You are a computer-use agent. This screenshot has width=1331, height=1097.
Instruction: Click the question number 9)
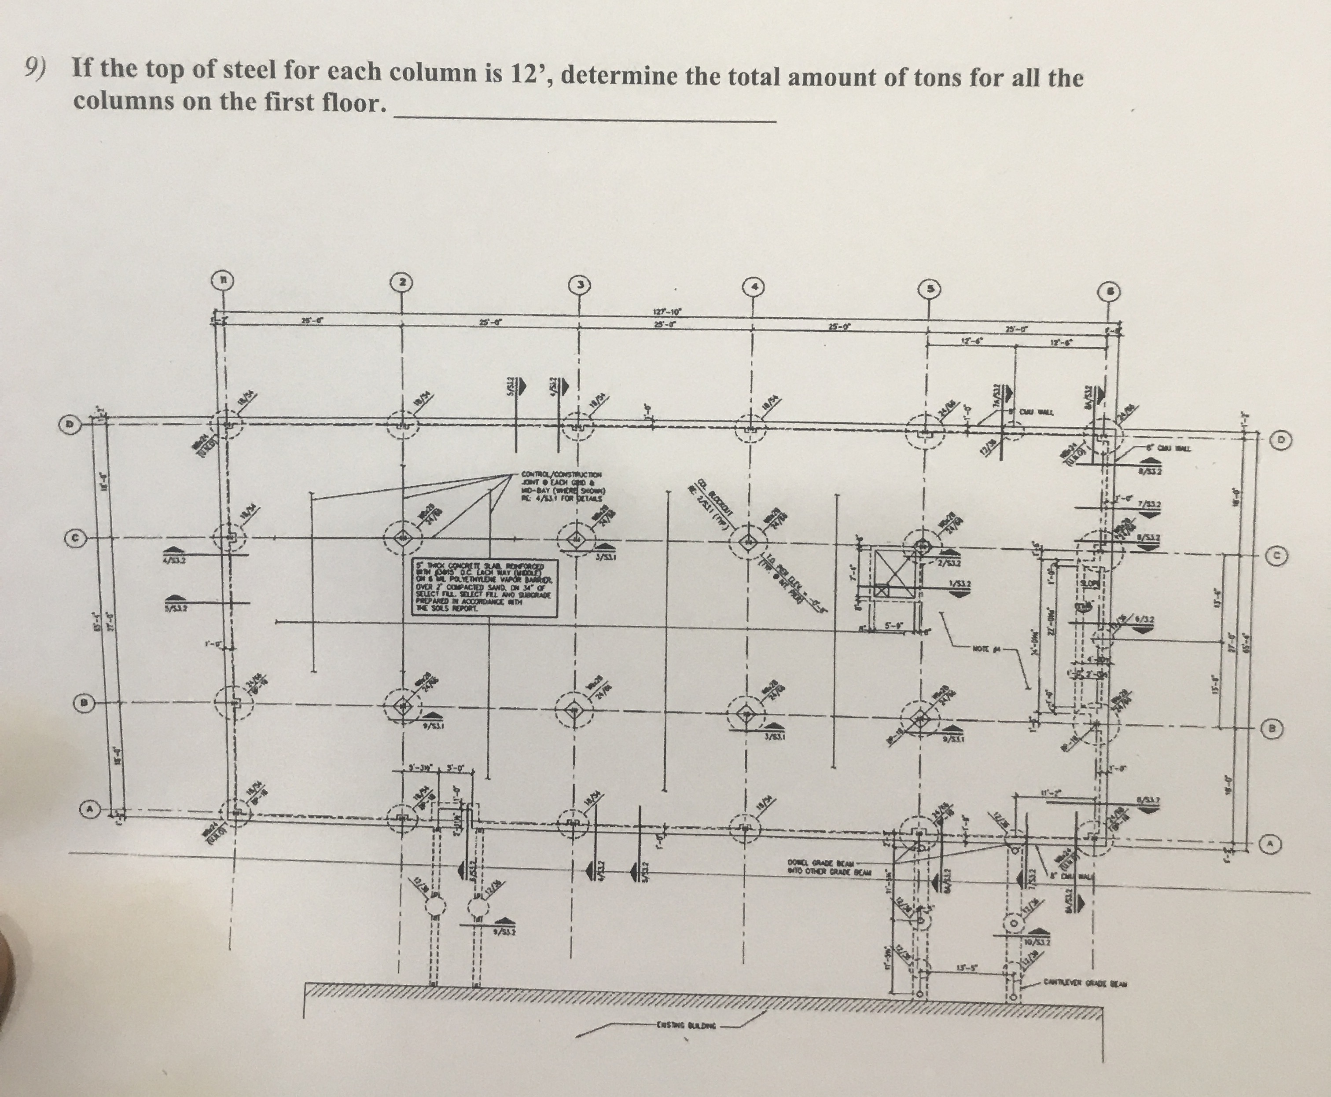tap(35, 67)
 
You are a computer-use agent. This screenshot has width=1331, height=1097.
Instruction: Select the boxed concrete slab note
tap(486, 588)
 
